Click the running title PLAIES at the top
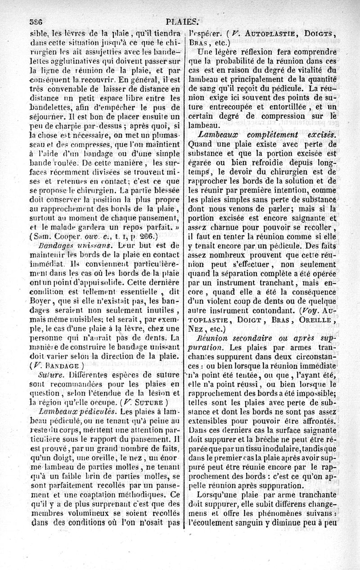click(182, 21)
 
